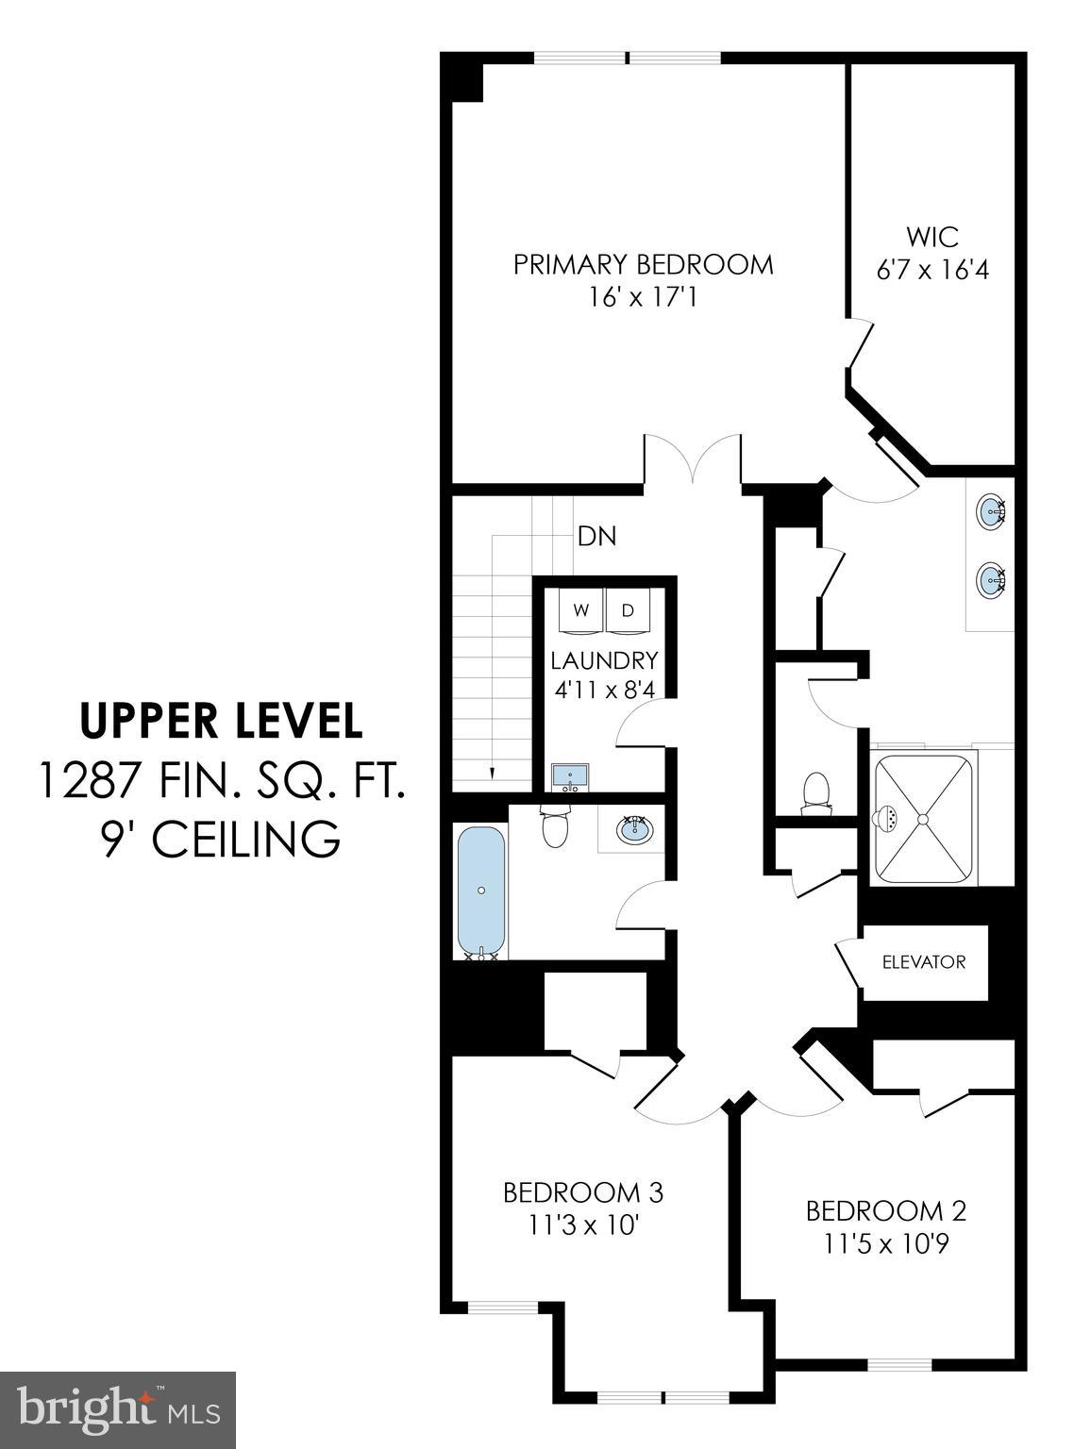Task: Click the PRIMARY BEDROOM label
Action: pyautogui.click(x=643, y=264)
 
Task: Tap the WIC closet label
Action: pyautogui.click(x=932, y=236)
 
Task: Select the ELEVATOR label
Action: pyautogui.click(x=924, y=962)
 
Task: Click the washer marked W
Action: pyautogui.click(x=581, y=611)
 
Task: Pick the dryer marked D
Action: pyautogui.click(x=629, y=611)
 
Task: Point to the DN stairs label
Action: pyautogui.click(x=596, y=536)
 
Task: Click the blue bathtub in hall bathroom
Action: pyautogui.click(x=481, y=891)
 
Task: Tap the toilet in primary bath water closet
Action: pyautogui.click(x=814, y=792)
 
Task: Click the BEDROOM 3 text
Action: pyautogui.click(x=582, y=1192)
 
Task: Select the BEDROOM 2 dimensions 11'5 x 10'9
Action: pyautogui.click(x=884, y=1244)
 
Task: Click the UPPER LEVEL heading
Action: pyautogui.click(x=221, y=721)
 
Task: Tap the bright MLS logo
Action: pyautogui.click(x=118, y=1410)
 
